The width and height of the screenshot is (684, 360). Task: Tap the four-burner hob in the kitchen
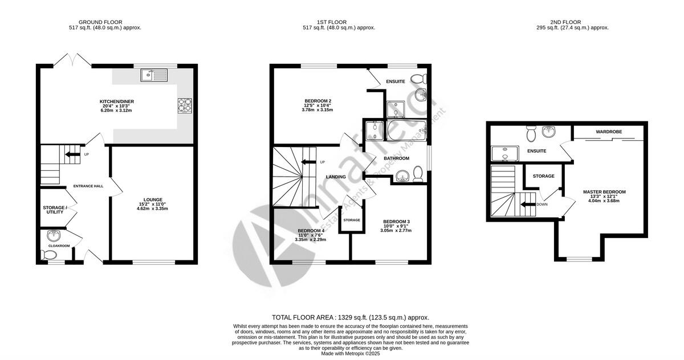185,105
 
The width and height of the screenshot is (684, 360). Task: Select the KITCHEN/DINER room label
116,102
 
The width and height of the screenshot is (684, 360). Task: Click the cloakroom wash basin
54,235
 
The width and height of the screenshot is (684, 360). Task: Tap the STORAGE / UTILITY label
55,210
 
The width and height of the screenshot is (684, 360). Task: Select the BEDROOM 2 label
317,101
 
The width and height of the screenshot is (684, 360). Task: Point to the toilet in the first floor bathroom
418,173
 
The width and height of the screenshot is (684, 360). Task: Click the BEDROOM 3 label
396,222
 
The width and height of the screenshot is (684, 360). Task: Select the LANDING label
336,177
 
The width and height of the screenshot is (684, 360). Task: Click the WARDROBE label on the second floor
609,132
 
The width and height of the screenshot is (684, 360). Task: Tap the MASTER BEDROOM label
604,191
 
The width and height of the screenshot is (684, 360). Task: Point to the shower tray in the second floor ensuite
503,154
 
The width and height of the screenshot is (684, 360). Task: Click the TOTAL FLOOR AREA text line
350,317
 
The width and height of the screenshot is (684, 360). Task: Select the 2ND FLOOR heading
565,22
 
